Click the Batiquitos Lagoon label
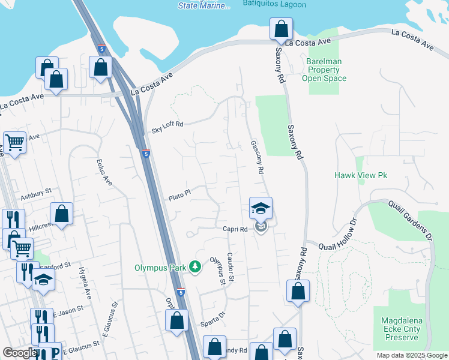274,5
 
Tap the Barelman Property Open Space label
324,70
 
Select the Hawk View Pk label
360,175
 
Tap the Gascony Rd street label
257,158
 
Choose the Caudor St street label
231,267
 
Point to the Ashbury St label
37,196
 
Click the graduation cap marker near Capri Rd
261,208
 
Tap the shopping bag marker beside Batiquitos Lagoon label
281,28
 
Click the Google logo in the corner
20,353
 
